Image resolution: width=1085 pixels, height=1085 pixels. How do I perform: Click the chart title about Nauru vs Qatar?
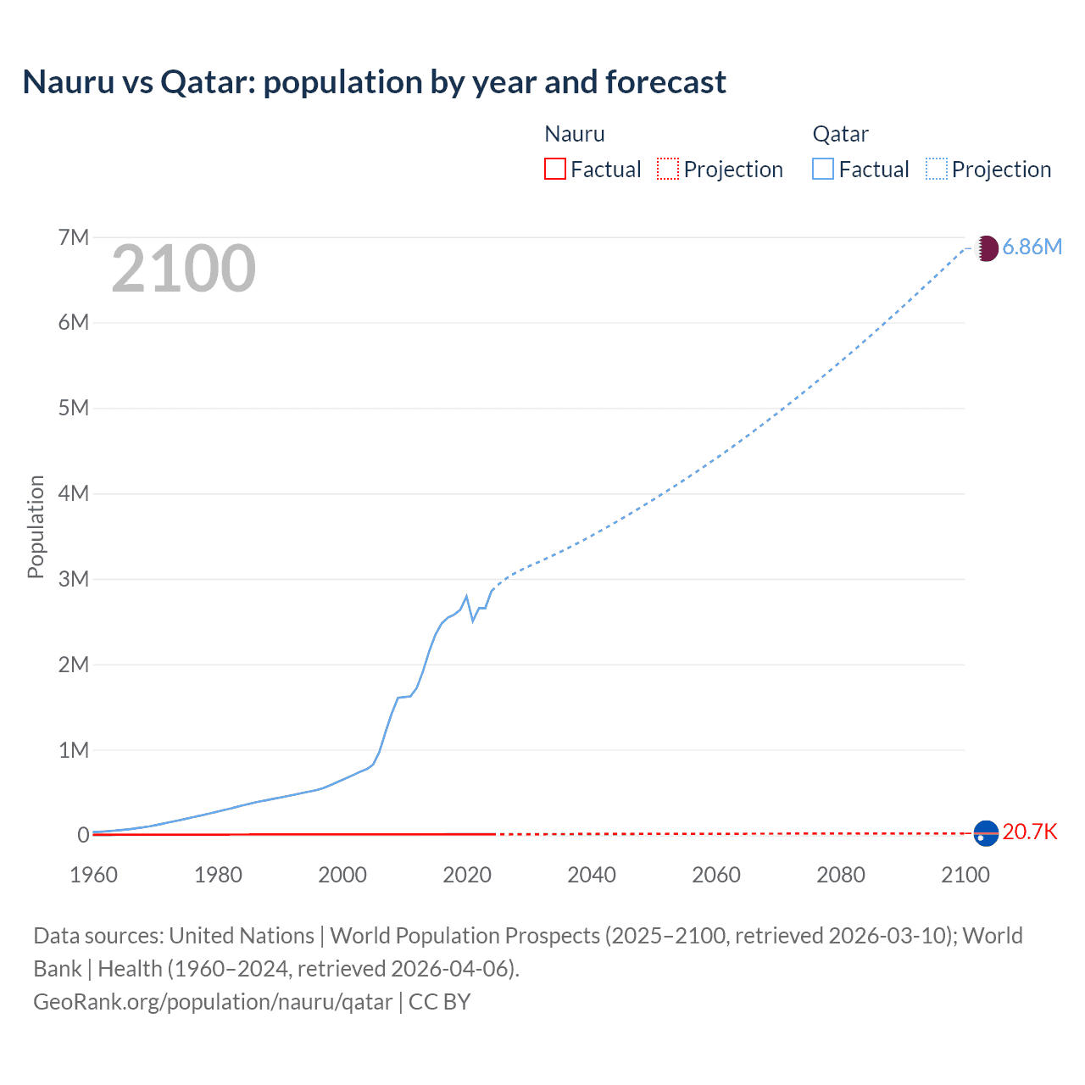pyautogui.click(x=374, y=82)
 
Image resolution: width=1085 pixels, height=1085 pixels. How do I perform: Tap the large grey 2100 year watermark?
pyautogui.click(x=183, y=269)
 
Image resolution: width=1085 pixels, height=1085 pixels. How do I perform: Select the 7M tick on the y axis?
pyautogui.click(x=74, y=237)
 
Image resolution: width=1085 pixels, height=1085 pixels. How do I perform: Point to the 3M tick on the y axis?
pyautogui.click(x=74, y=579)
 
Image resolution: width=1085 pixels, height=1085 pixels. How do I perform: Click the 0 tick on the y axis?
pyautogui.click(x=83, y=835)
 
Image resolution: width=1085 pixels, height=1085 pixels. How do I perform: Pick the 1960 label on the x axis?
pyautogui.click(x=93, y=875)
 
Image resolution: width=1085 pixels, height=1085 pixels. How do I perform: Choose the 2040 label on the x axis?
pyautogui.click(x=592, y=875)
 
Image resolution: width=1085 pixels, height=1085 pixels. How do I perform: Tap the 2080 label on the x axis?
pyautogui.click(x=841, y=875)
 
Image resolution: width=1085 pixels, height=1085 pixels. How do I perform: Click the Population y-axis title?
pyautogui.click(x=36, y=526)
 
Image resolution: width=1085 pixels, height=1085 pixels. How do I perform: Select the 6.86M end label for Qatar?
pyautogui.click(x=1032, y=247)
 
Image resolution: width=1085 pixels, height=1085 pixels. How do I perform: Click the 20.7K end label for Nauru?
pyautogui.click(x=1030, y=832)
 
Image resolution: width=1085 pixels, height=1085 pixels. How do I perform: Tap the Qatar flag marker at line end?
pyautogui.click(x=986, y=248)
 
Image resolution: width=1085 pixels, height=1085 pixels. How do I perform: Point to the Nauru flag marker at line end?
pyautogui.click(x=986, y=833)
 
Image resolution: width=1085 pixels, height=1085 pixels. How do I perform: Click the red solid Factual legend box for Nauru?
pyautogui.click(x=555, y=169)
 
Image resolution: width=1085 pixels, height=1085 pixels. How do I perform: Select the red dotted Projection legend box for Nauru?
pyautogui.click(x=668, y=169)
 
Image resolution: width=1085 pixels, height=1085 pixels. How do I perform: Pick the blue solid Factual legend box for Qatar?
pyautogui.click(x=823, y=169)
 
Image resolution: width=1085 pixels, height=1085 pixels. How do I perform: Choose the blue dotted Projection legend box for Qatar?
pyautogui.click(x=937, y=169)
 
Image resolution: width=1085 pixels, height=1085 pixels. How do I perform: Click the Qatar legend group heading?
pyautogui.click(x=840, y=134)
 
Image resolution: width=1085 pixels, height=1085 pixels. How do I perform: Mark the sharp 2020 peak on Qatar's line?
pyautogui.click(x=466, y=596)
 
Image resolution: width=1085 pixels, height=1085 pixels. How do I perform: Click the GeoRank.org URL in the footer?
pyautogui.click(x=213, y=1001)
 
